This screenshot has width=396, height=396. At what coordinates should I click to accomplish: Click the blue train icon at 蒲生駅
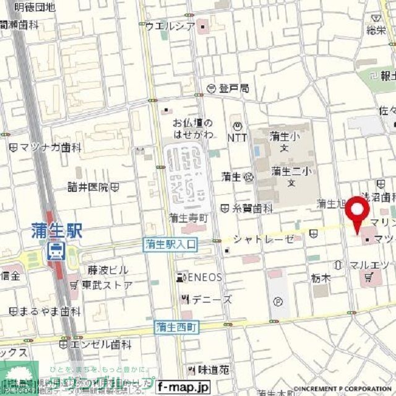click(x=56, y=251)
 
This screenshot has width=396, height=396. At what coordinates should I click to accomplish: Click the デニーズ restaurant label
click(x=210, y=299)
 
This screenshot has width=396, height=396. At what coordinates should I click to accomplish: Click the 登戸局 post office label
click(x=233, y=88)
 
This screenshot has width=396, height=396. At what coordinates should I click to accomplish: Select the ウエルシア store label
click(x=170, y=26)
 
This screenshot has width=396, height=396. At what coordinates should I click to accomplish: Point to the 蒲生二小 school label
click(x=290, y=171)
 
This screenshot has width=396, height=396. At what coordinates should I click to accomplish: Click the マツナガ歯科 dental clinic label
click(x=49, y=148)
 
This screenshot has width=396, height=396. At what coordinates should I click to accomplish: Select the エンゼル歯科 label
click(x=99, y=344)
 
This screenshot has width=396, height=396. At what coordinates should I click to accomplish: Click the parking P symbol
click(x=278, y=302)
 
